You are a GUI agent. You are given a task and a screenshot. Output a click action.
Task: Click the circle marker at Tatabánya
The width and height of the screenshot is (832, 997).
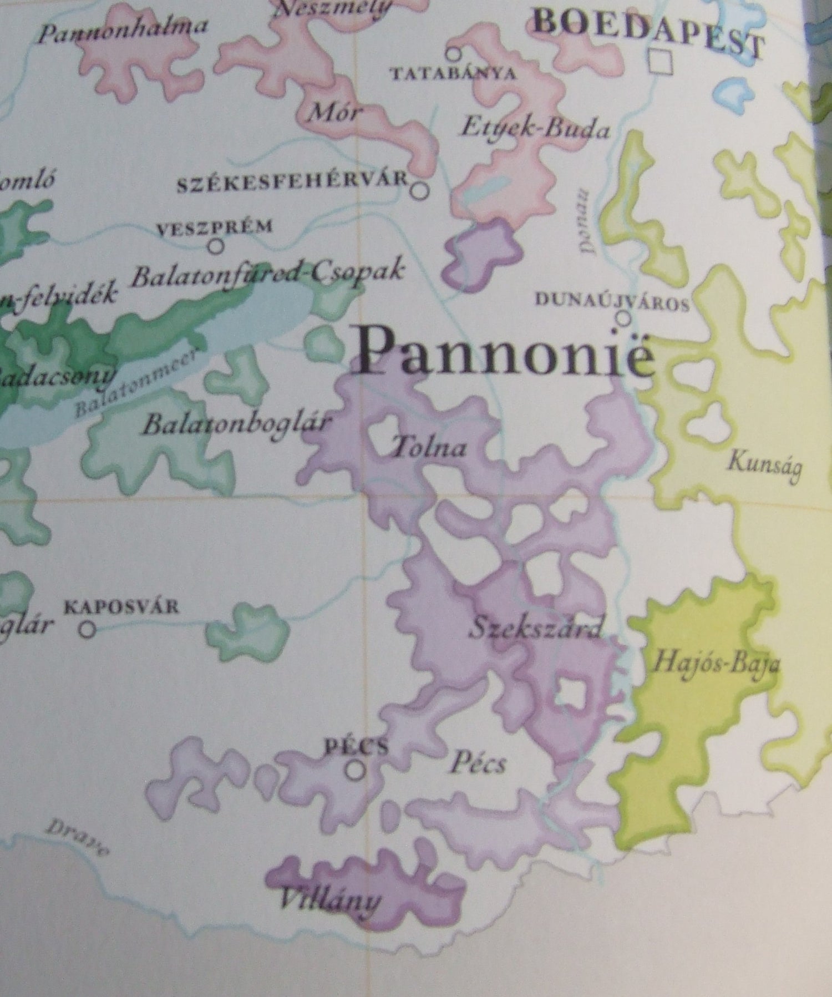tap(454, 53)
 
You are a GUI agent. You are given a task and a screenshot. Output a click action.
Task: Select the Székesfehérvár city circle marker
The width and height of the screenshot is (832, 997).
tap(420, 190)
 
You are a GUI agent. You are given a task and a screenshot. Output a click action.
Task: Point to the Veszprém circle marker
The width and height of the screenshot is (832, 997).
tap(216, 245)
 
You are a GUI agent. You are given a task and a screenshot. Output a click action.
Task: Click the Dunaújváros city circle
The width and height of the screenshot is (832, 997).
tap(624, 318)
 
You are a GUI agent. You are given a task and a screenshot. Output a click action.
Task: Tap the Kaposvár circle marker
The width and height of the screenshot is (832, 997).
tap(87, 629)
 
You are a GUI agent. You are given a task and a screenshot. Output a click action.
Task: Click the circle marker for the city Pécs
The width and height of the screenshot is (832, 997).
tap(356, 769)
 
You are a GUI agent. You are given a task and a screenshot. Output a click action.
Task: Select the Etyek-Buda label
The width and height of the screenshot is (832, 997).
tap(535, 129)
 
